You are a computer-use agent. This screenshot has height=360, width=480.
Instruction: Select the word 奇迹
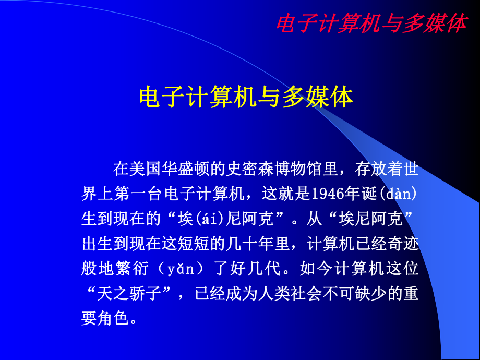pyautogui.click(x=395, y=244)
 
